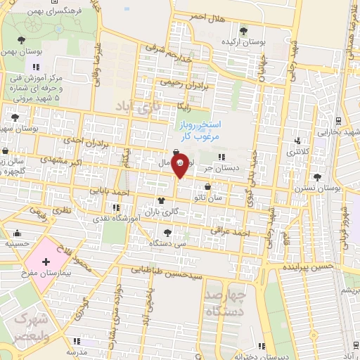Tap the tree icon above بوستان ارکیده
point(243,30)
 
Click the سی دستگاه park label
point(167,243)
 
